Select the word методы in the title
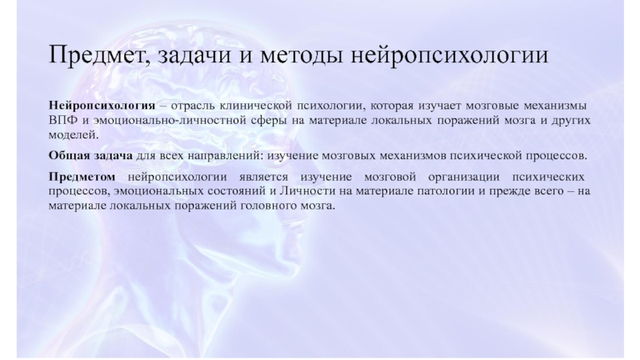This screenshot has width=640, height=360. tap(302, 55)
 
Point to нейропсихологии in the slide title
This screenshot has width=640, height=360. tap(450, 55)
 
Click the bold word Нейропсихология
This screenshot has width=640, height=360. tap(102, 106)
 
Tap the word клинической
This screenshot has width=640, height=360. tap(255, 106)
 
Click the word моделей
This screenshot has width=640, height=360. tap(74, 134)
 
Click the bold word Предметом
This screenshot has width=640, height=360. tap(82, 177)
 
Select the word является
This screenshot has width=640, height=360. tap(263, 177)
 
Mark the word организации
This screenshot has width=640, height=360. tap(464, 178)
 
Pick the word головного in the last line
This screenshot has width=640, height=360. tap(269, 206)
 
